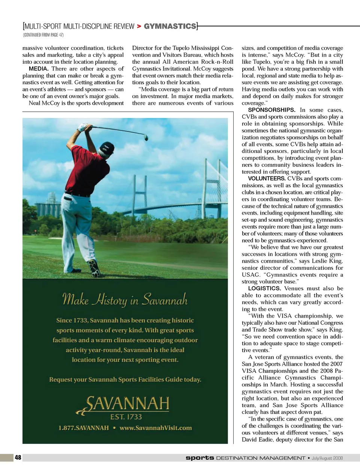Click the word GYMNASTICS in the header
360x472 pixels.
click(x=170, y=26)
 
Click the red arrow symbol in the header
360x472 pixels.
click(x=139, y=26)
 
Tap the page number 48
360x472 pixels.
click(x=18, y=457)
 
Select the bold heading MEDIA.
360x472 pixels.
click(x=39, y=69)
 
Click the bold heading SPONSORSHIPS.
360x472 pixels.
click(x=271, y=110)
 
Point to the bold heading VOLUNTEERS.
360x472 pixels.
click(x=267, y=179)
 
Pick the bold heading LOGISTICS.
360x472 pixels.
click(x=264, y=288)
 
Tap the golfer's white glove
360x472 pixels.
click(x=83, y=127)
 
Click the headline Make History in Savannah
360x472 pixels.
click(x=125, y=300)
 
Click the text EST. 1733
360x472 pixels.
click(x=126, y=417)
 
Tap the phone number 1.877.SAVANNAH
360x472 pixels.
click(x=83, y=428)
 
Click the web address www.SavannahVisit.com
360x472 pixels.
click(x=156, y=428)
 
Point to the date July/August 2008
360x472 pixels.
click(x=327, y=458)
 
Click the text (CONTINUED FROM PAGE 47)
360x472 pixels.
click(x=43, y=35)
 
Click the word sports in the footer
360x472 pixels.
click(x=200, y=458)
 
